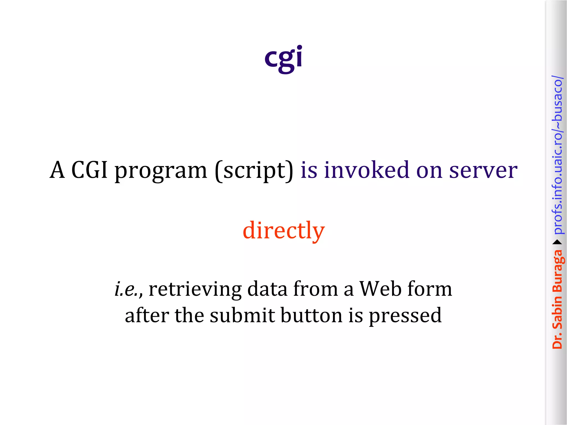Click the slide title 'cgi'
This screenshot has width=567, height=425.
[x=283, y=58]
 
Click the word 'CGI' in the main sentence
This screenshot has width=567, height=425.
[x=89, y=170]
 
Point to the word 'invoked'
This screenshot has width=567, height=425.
[x=367, y=170]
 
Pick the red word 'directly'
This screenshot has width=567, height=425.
[x=283, y=230]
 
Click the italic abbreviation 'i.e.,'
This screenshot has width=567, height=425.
[x=128, y=289]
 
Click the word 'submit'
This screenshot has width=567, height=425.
[x=242, y=315]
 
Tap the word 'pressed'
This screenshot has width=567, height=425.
[x=405, y=316]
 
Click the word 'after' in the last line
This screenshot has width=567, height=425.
[x=147, y=315]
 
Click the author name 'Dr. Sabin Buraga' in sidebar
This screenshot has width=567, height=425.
[x=557, y=299]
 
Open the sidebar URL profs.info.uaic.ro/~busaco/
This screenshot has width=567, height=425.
[x=557, y=155]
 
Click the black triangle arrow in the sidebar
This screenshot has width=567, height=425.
[x=557, y=242]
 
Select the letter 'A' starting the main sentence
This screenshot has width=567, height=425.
[x=58, y=170]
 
